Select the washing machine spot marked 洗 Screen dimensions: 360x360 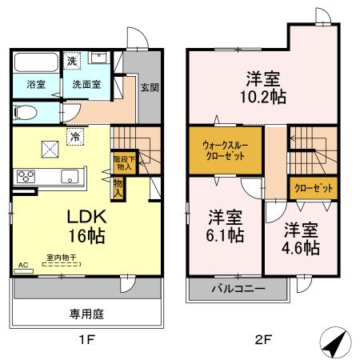[x=71, y=60]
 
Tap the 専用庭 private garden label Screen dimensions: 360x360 [x=88, y=314]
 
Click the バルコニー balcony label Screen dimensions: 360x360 [x=238, y=289]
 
